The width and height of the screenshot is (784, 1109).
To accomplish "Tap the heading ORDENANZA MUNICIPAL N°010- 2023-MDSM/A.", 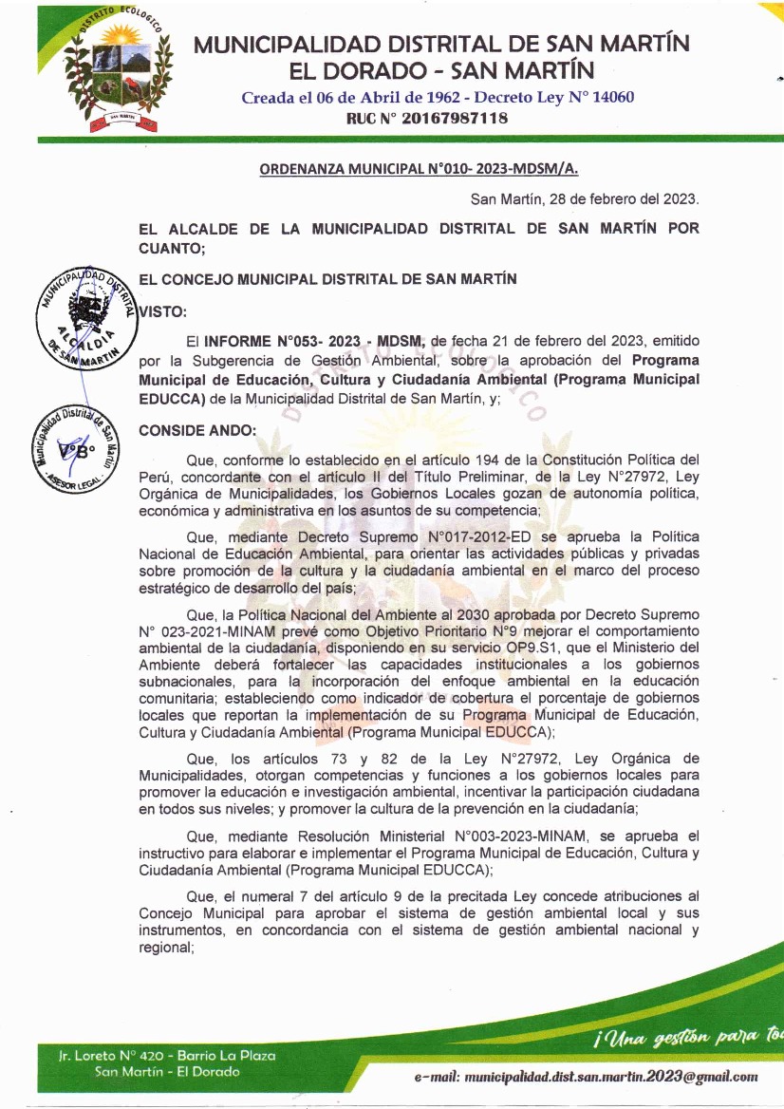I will point(419,169).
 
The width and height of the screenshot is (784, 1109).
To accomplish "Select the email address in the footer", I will point(586,1077).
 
